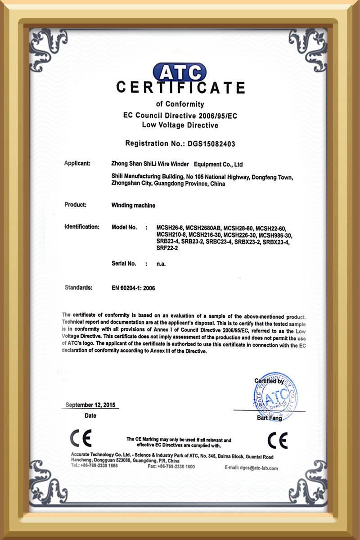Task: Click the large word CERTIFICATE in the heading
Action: click(180, 87)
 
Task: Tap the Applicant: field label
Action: click(77, 163)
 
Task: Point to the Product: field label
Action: click(75, 205)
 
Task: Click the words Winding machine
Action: click(133, 205)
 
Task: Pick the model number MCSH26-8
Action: click(169, 227)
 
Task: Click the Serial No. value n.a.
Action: click(161, 264)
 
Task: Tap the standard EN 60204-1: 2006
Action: click(133, 288)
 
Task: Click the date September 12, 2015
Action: click(90, 405)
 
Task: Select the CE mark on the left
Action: click(81, 438)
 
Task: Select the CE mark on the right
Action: click(277, 440)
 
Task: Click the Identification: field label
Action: click(81, 227)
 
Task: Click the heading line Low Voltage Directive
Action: click(180, 125)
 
